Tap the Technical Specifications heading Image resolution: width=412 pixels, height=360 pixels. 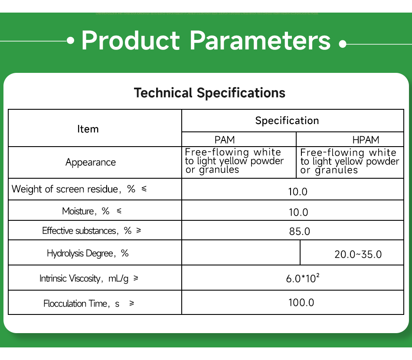click(209, 93)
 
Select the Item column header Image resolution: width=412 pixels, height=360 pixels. click(88, 129)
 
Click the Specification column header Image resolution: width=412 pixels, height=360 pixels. click(287, 121)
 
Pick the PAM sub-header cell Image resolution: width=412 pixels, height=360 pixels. click(225, 140)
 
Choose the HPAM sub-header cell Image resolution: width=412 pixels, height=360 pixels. click(366, 140)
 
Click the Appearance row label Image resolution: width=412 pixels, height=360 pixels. click(91, 162)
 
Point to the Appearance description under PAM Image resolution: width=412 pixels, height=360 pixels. click(234, 161)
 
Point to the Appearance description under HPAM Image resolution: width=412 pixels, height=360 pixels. click(350, 161)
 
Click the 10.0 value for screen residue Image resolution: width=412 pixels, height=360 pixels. click(298, 191)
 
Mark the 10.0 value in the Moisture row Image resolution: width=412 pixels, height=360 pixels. click(298, 212)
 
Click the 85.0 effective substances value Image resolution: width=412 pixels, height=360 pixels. click(300, 231)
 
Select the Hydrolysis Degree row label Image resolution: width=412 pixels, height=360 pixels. click(88, 253)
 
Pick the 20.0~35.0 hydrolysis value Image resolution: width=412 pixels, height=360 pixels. click(358, 254)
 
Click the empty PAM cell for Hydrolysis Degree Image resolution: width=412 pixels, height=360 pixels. click(241, 252)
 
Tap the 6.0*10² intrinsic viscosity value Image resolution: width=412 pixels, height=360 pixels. click(303, 278)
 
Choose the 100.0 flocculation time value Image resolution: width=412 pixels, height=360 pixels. click(301, 302)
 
